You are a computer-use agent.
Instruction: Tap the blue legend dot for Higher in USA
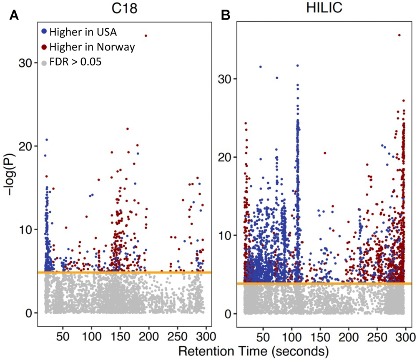[45, 31]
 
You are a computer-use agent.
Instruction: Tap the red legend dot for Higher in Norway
[45, 47]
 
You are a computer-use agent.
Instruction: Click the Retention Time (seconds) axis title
[249, 350]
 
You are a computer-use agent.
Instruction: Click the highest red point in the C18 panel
[146, 36]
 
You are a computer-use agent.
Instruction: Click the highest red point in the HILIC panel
[399, 35]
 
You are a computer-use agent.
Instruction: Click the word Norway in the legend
[119, 47]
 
